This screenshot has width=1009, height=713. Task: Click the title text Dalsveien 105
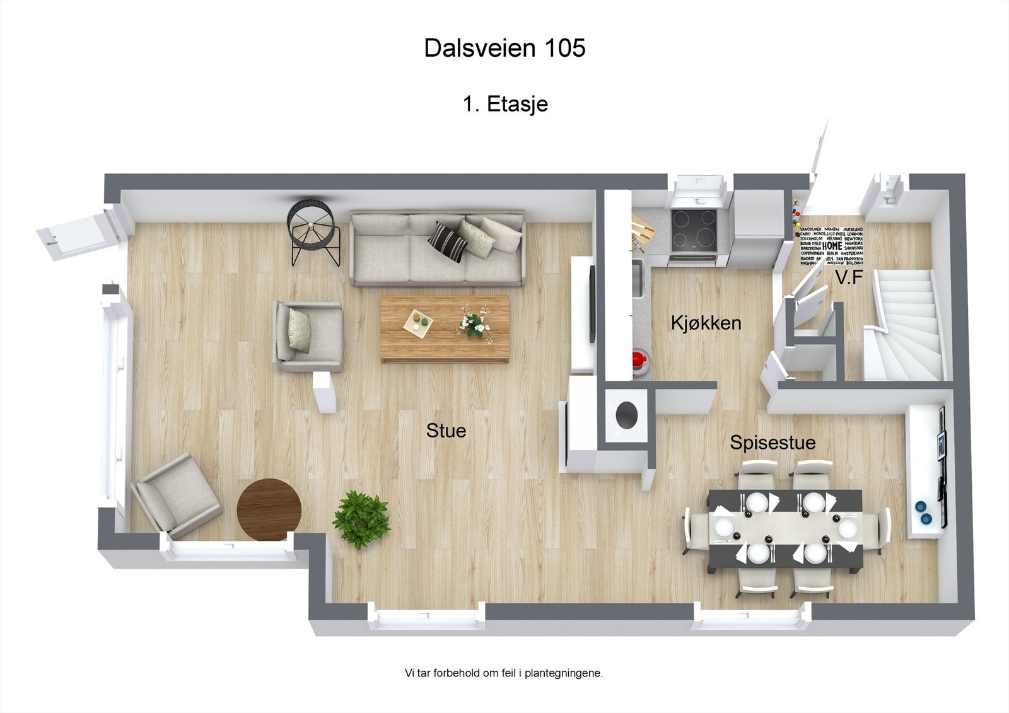coord(504,48)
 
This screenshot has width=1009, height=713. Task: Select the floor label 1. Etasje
coord(505,104)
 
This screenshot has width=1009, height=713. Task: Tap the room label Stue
coord(446,431)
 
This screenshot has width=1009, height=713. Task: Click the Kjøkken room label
coord(706,323)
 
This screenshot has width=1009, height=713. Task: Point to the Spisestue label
coord(773,443)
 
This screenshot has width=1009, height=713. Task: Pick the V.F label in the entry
coord(848,277)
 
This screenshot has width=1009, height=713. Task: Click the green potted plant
coord(361,520)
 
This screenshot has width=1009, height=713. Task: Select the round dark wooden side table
coord(269,509)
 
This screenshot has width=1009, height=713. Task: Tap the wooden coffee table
coord(445,328)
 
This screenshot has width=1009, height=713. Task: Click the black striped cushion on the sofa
coord(448,241)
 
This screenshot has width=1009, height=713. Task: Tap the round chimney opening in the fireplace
coord(626,415)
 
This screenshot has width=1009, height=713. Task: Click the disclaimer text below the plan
coord(503,673)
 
